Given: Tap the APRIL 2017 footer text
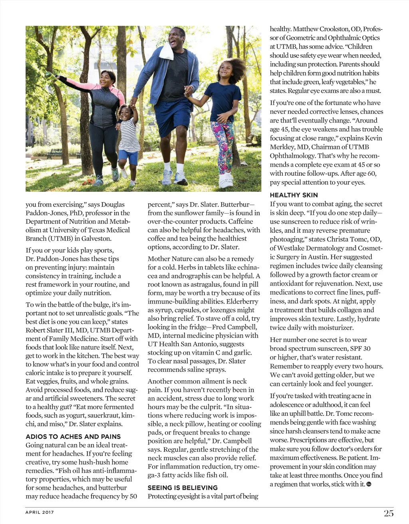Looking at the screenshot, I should (40, 512).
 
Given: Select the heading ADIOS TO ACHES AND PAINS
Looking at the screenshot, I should (73, 437).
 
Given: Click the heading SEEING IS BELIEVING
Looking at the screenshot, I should (183, 488).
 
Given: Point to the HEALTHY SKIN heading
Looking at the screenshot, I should (294, 195).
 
